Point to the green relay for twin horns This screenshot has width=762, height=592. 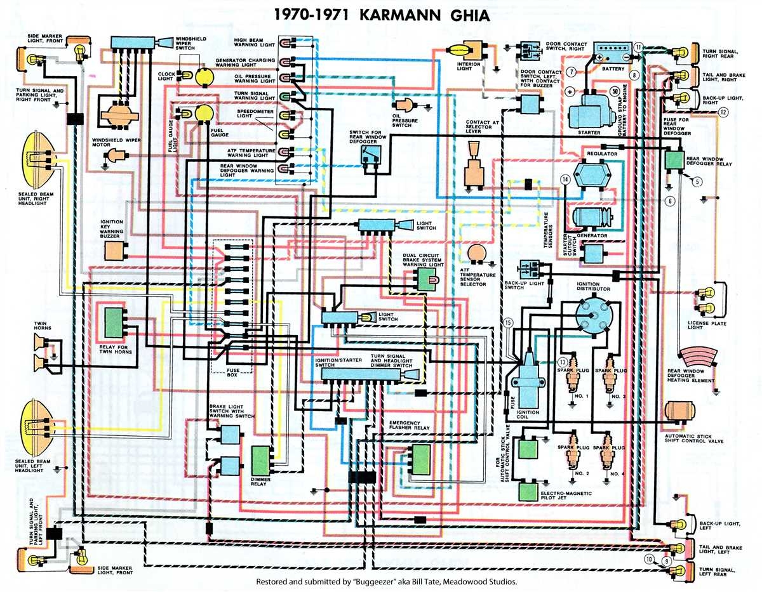(x=114, y=322)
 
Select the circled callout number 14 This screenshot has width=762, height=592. (x=564, y=180)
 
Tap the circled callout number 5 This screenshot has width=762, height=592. (x=698, y=182)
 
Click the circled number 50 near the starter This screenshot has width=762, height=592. (x=614, y=91)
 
